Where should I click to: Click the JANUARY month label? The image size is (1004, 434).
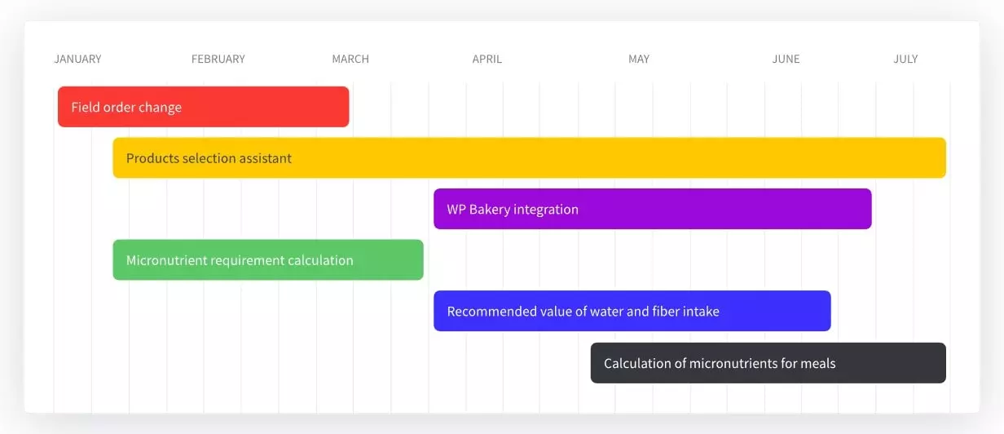tap(77, 59)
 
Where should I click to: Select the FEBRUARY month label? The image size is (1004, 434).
tap(218, 59)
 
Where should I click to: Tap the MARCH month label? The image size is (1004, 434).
tap(350, 59)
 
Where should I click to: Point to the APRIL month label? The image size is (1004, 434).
tap(487, 59)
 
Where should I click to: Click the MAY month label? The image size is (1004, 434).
tap(639, 59)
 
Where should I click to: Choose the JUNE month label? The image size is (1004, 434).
tap(786, 59)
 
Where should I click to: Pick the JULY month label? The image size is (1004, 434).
tap(906, 59)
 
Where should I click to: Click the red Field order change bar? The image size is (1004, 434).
tap(204, 107)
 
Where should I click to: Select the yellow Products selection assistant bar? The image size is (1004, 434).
tap(530, 158)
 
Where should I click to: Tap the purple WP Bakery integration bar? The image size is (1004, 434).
tap(653, 209)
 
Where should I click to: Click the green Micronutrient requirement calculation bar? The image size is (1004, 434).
tap(268, 260)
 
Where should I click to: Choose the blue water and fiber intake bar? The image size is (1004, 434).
tap(632, 311)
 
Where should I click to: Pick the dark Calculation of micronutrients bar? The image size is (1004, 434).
tap(768, 363)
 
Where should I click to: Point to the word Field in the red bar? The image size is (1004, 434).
tap(85, 107)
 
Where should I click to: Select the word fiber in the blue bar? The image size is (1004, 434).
tap(665, 312)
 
